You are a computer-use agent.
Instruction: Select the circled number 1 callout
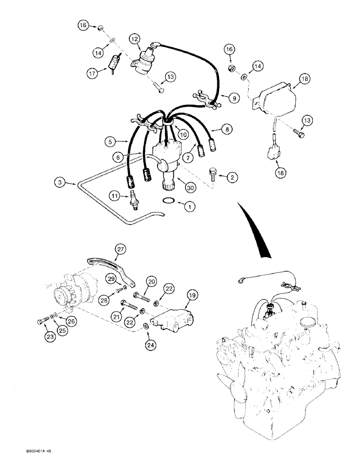[189, 205]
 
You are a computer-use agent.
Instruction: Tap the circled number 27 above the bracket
[121, 250]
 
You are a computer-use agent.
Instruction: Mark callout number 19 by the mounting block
[193, 295]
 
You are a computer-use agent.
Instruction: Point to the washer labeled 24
[146, 325]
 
